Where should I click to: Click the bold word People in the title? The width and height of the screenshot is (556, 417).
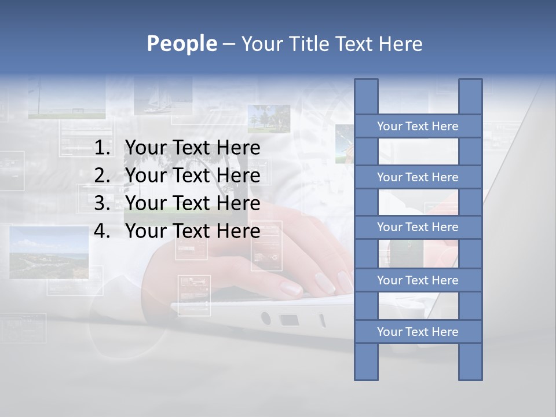point(181,43)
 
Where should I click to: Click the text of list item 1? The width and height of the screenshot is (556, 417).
point(192,148)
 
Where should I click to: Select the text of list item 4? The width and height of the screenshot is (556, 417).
point(192,231)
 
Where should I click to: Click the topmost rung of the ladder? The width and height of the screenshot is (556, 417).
point(418,126)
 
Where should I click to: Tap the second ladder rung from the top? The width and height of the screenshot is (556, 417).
point(418,177)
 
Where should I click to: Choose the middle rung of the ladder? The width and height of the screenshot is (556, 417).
point(418,227)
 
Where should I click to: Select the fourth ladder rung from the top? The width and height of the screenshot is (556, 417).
point(418,280)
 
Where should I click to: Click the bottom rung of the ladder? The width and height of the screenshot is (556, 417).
point(418,332)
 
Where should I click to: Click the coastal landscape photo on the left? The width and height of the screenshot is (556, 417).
point(49,252)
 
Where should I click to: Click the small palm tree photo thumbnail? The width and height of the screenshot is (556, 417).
point(269,119)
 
